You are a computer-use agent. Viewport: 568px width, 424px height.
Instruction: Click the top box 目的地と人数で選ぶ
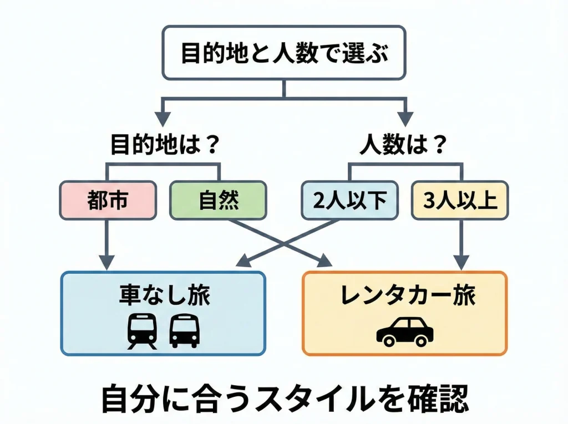[284, 53]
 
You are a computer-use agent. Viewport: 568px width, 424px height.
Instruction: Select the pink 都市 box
[108, 201]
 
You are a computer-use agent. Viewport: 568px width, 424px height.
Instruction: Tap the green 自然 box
[218, 201]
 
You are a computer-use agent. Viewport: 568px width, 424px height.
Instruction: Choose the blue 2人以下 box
[349, 201]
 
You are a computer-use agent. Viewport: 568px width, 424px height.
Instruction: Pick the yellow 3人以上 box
[460, 201]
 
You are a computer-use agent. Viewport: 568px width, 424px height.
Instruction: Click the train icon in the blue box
[142, 331]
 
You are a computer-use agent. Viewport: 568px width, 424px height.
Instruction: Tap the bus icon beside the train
[184, 331]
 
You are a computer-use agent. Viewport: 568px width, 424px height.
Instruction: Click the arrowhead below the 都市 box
[108, 261]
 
